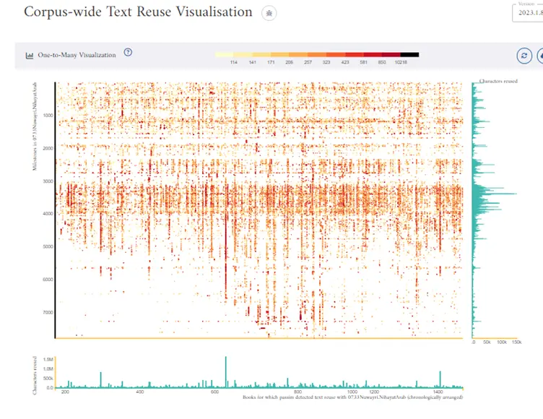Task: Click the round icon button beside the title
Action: tap(269, 13)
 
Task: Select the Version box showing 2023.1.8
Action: tap(527, 13)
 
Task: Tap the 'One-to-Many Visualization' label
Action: tap(77, 55)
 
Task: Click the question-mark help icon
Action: tap(128, 53)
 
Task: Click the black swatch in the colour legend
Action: tap(409, 55)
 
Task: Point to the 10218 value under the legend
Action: tap(401, 64)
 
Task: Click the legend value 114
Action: tap(234, 64)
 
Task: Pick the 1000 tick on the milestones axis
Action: tap(48, 116)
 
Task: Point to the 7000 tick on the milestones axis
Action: tap(48, 313)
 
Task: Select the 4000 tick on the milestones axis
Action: tap(48, 214)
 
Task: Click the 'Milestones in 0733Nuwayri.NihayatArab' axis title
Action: tap(35, 126)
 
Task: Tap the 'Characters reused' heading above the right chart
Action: tap(497, 81)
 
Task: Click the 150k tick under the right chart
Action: tap(516, 342)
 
